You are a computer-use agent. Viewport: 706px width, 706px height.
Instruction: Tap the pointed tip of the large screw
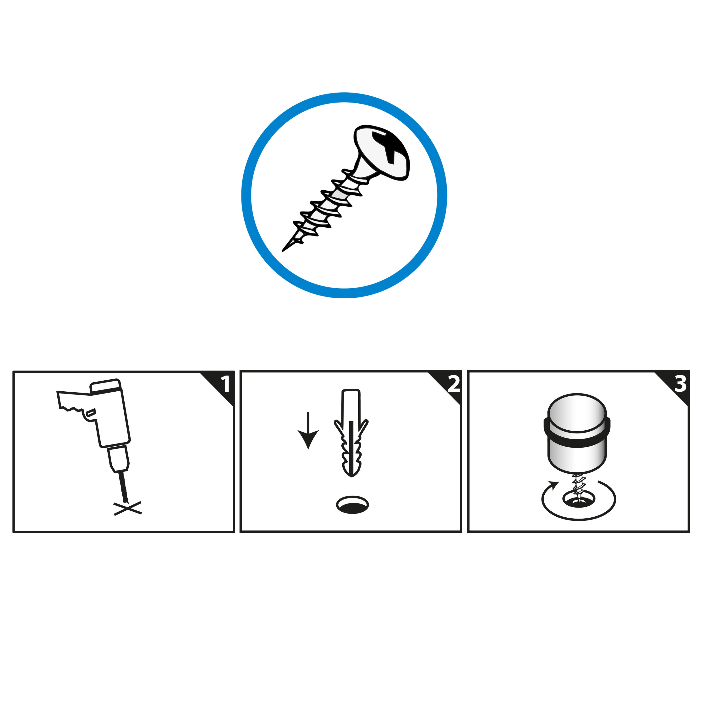coord(283,251)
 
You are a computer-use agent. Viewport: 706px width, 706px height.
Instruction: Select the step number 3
coord(680,384)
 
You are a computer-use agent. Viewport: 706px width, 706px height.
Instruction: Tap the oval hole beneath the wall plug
coord(352,505)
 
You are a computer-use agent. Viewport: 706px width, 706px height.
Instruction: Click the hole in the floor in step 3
coord(579,499)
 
